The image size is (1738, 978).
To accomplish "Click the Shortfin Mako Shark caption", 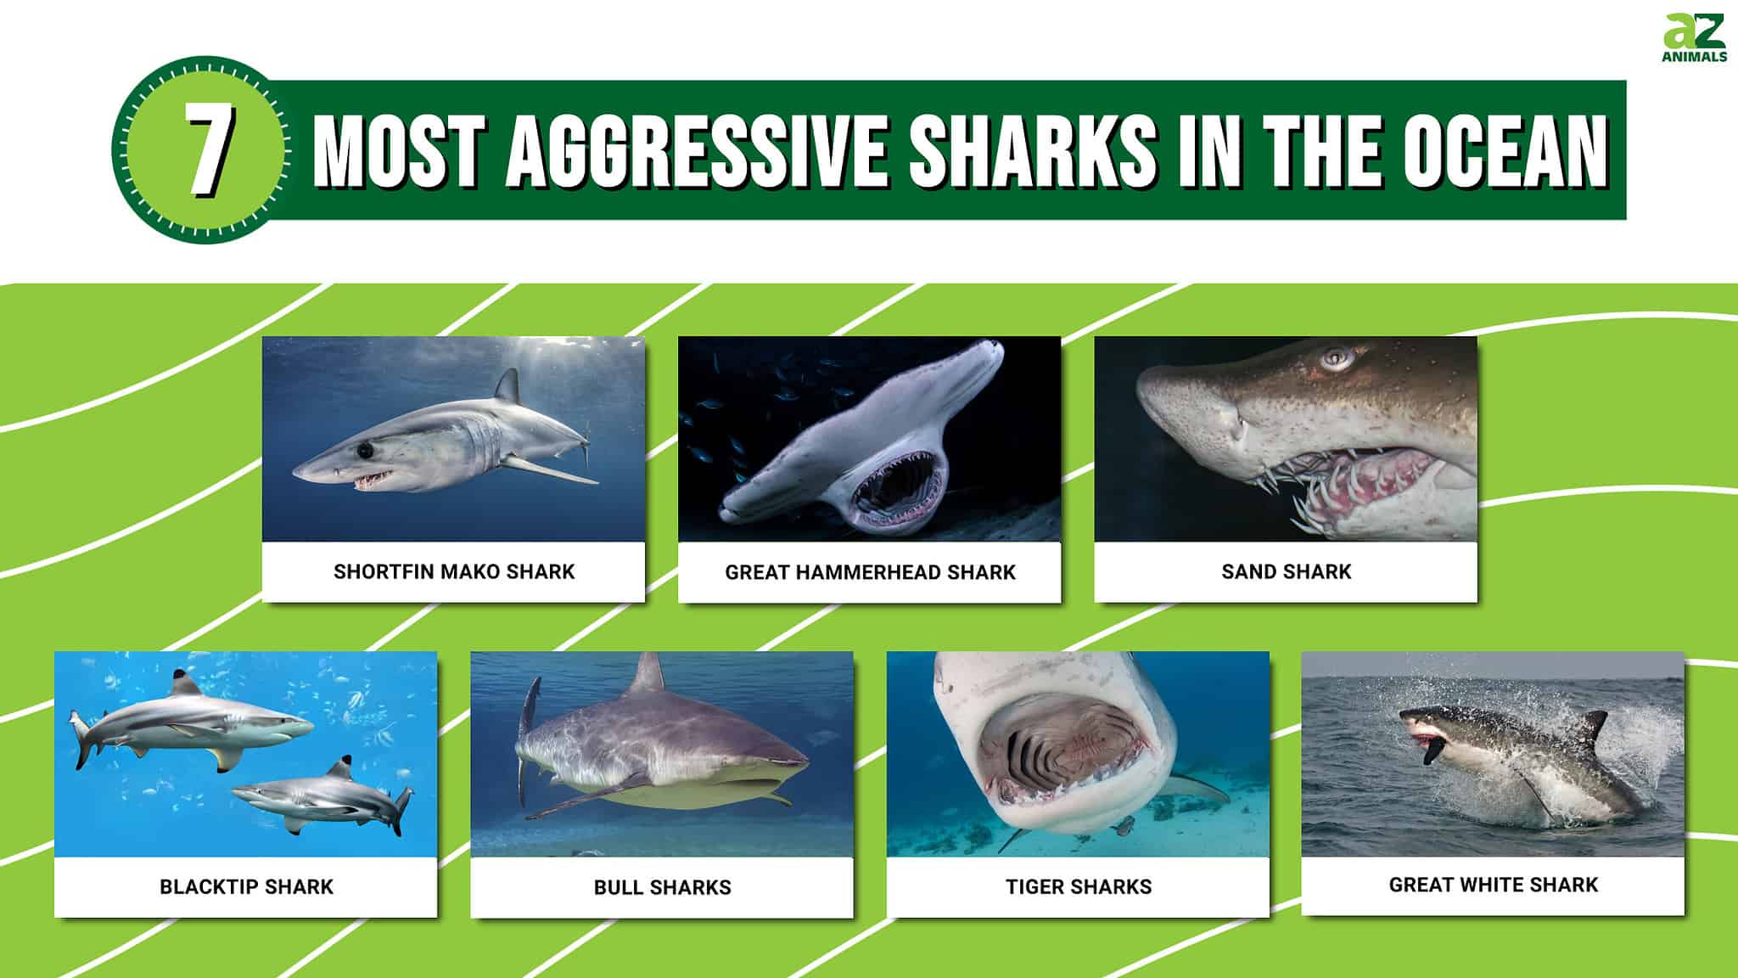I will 454,572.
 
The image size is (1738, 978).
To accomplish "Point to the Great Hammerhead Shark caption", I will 870,573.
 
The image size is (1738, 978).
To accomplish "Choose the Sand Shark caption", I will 1286,572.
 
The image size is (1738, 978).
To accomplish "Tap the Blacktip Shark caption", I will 246,887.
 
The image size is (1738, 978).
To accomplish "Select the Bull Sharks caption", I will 662,888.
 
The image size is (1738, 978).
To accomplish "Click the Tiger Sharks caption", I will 1079,887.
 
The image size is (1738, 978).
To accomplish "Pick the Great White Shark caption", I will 1493,885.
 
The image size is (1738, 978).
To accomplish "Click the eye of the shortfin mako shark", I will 365,447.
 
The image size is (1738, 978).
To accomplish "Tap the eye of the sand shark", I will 1337,358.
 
